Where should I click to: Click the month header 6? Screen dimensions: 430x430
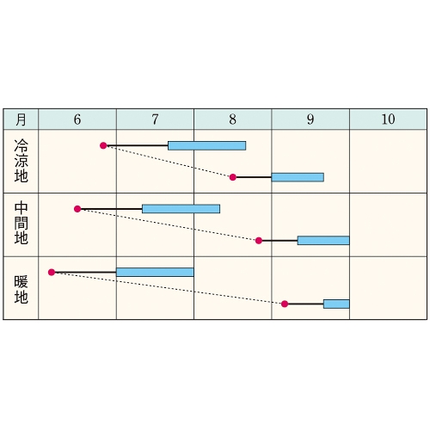pos(77,120)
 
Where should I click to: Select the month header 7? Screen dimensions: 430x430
pos(155,120)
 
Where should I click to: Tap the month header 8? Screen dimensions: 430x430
pos(233,120)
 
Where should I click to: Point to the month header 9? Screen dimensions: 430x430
pos(310,120)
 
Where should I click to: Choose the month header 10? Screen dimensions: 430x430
pos(388,120)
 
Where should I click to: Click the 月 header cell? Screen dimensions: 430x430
pos(21,120)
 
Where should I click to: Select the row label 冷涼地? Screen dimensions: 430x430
pos(21,161)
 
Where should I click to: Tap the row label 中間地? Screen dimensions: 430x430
pos(21,223)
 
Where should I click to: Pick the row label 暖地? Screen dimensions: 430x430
pos(21,290)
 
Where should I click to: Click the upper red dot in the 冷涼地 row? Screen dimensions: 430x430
pos(103,145)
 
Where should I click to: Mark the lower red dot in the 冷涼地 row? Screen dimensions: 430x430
pos(233,177)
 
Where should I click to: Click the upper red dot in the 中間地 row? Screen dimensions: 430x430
pos(77,209)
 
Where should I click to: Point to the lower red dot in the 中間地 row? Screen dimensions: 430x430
pos(259,241)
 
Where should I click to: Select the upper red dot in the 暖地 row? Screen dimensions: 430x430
pos(52,272)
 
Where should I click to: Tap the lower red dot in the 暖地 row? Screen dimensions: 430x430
pos(285,304)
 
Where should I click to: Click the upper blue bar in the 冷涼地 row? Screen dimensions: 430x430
pos(207,145)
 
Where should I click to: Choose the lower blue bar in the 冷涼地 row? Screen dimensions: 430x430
pos(298,177)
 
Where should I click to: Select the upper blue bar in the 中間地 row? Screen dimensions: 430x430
pos(181,209)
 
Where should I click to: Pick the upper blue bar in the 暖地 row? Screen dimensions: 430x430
pos(155,273)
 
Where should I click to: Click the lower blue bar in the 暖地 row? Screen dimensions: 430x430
pos(336,304)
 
